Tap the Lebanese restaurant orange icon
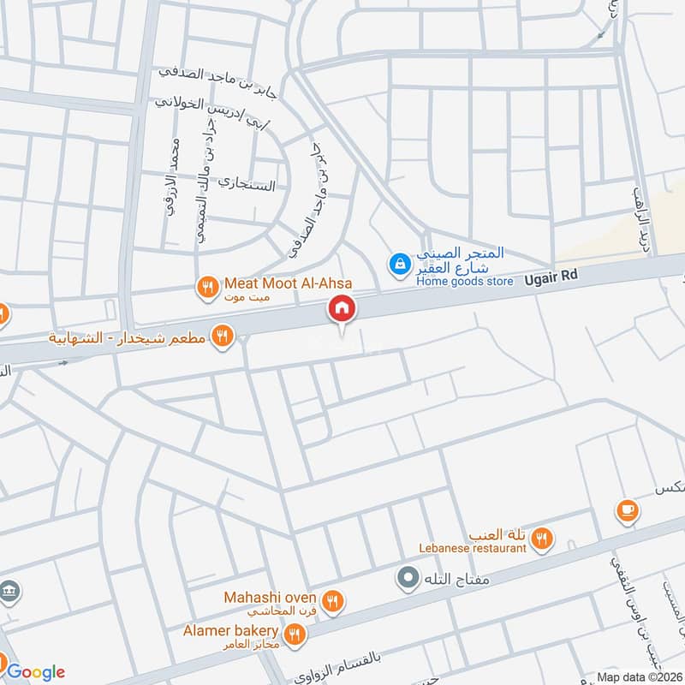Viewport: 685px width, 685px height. (x=540, y=539)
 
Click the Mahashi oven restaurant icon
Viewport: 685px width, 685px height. (x=334, y=602)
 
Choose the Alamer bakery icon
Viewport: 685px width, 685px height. (x=295, y=634)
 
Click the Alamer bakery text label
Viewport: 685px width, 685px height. (x=229, y=630)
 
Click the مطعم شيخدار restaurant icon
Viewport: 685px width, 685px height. (x=222, y=336)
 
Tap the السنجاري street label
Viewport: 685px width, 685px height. (x=247, y=183)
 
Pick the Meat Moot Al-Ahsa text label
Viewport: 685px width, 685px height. (x=289, y=283)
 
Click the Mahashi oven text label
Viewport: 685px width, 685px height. (x=271, y=597)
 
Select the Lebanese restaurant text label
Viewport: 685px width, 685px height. (x=474, y=548)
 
